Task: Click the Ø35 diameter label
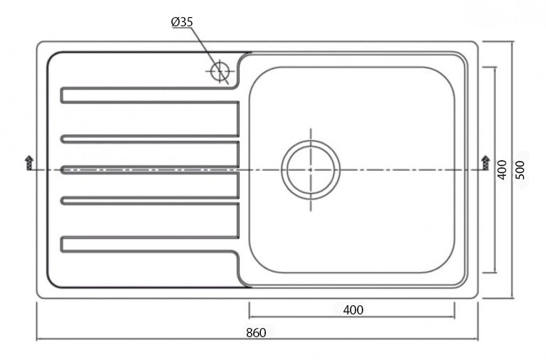pyautogui.click(x=182, y=22)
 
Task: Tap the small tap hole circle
pyautogui.click(x=220, y=71)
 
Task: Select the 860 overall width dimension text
pyautogui.click(x=256, y=332)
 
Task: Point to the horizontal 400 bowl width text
pyautogui.click(x=353, y=309)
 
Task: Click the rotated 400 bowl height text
pyautogui.click(x=502, y=169)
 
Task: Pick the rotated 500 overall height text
pyautogui.click(x=520, y=169)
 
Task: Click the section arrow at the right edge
pyautogui.click(x=486, y=162)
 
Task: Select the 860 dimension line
pyautogui.click(x=142, y=339)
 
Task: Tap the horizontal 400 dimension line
pyautogui.click(x=299, y=317)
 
